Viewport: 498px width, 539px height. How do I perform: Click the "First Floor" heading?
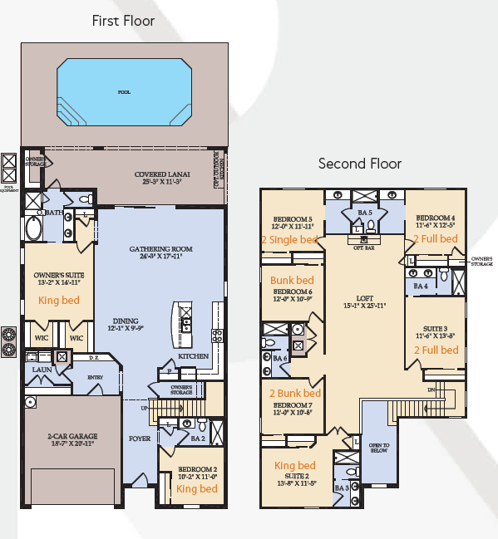(x=123, y=20)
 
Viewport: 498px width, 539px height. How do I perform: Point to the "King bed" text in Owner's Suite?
(x=58, y=300)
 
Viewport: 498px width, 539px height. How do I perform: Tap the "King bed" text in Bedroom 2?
(x=197, y=489)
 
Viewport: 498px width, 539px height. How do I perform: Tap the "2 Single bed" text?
(x=290, y=239)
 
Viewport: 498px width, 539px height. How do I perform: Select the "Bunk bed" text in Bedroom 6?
(x=292, y=281)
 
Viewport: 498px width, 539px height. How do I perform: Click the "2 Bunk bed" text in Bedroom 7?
(x=294, y=393)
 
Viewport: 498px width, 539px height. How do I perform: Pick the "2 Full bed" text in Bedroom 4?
(x=436, y=239)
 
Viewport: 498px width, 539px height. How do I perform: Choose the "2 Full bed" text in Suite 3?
(x=436, y=350)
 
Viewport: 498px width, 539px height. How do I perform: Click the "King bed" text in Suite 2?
(x=294, y=465)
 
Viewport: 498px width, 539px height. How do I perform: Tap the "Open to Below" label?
(x=378, y=449)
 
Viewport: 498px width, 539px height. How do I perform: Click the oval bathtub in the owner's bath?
(x=37, y=228)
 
